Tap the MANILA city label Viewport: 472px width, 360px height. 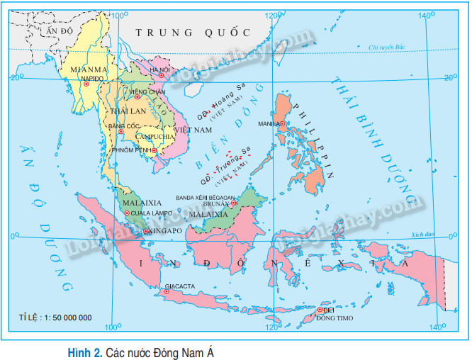269,123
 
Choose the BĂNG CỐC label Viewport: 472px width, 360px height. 119,125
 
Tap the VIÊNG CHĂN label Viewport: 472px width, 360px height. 147,92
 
